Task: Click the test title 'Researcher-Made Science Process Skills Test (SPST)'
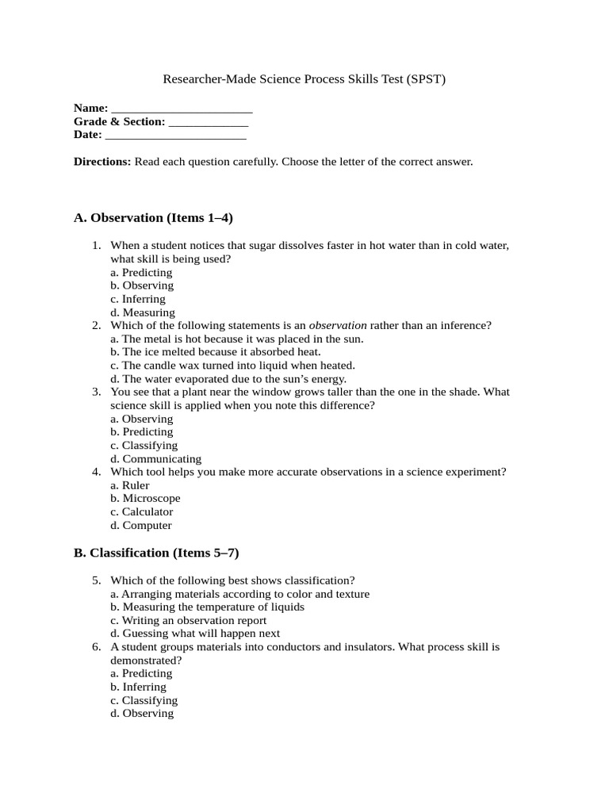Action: [x=304, y=79]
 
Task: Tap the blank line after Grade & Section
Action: [x=209, y=124]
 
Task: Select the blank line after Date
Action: [x=175, y=136]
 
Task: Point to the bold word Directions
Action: [x=102, y=162]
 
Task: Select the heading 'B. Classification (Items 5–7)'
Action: [x=156, y=553]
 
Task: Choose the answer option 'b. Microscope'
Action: [x=145, y=499]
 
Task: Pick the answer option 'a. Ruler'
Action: [x=130, y=485]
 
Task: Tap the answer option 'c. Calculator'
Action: [x=142, y=512]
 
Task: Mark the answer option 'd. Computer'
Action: [x=141, y=526]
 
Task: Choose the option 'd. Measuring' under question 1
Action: [x=143, y=313]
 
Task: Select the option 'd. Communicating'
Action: [x=156, y=459]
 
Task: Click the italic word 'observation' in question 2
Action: [x=337, y=326]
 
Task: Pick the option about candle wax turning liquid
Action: [x=232, y=366]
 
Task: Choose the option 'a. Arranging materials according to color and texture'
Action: [x=239, y=594]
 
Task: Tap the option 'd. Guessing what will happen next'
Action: [x=195, y=634]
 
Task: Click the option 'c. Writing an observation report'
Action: [x=189, y=621]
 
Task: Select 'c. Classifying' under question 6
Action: [x=144, y=701]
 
